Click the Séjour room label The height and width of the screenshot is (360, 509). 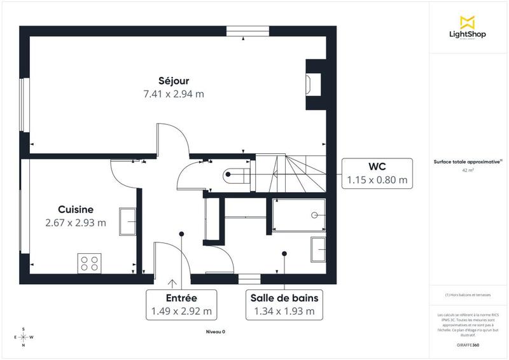pyautogui.click(x=174, y=80)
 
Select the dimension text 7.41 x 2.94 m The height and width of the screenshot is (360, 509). pyautogui.click(x=174, y=93)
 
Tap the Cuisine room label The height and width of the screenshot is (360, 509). pyautogui.click(x=76, y=209)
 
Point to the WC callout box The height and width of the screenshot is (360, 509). pyautogui.click(x=376, y=173)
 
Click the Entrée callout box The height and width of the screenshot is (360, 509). pyautogui.click(x=181, y=305)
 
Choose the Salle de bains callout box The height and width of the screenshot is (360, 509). pyautogui.click(x=284, y=305)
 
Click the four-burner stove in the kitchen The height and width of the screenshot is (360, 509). pyautogui.click(x=90, y=263)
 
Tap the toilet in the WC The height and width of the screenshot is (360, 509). pyautogui.click(x=234, y=176)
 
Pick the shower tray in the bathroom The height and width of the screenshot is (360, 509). pyautogui.click(x=298, y=215)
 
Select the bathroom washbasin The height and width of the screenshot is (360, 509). pyautogui.click(x=318, y=249)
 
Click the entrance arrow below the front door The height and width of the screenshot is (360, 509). pyautogui.click(x=172, y=283)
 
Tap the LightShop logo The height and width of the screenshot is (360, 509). pyautogui.click(x=468, y=27)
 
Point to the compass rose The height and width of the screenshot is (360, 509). pyautogui.click(x=24, y=337)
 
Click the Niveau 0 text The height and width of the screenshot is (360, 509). pyautogui.click(x=215, y=332)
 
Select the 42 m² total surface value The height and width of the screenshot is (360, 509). pyautogui.click(x=468, y=170)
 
